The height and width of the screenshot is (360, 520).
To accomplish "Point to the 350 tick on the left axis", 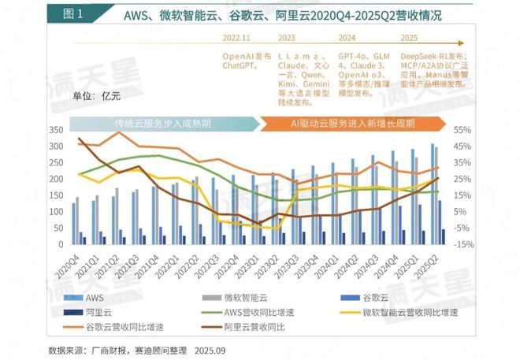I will point(58,129).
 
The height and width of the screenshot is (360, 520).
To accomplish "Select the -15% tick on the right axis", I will point(463,244).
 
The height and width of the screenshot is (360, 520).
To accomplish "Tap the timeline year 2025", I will point(410,37).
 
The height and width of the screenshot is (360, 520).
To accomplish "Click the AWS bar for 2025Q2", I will point(432,192).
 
